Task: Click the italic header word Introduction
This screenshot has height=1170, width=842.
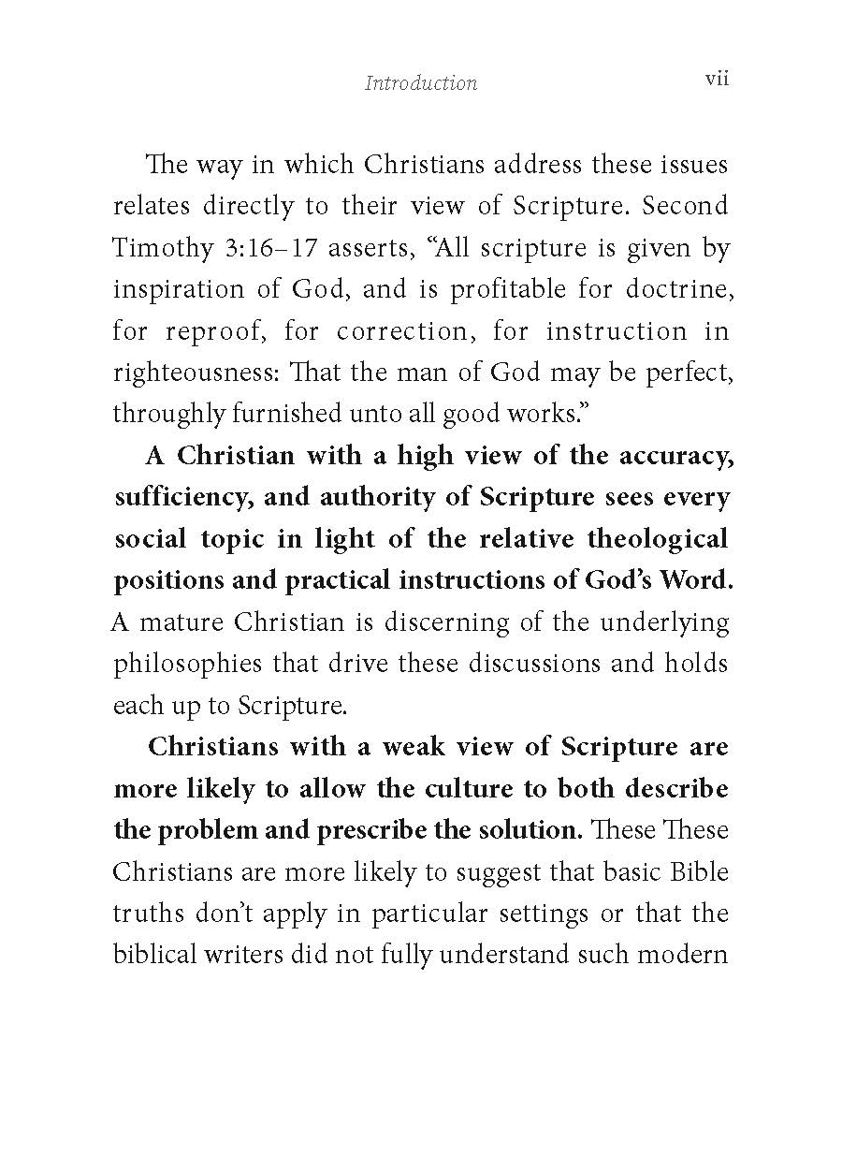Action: (x=421, y=83)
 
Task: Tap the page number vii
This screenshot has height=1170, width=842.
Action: (x=717, y=80)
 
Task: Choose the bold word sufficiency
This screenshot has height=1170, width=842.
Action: (x=182, y=497)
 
